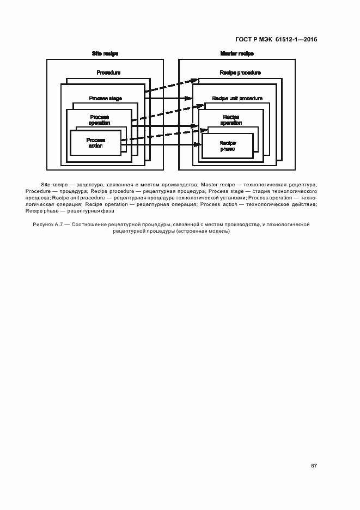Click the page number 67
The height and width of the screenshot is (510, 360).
314,466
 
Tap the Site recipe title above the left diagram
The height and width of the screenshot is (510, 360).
105,54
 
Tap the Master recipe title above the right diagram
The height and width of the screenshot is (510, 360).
237,54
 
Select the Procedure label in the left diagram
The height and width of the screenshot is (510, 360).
108,72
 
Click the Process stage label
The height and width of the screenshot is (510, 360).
105,99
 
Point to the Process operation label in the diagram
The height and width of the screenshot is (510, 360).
99,120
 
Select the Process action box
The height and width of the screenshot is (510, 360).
95,143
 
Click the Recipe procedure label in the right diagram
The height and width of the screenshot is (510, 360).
240,72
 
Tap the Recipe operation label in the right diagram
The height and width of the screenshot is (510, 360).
231,120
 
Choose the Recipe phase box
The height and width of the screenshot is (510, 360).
227,146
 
